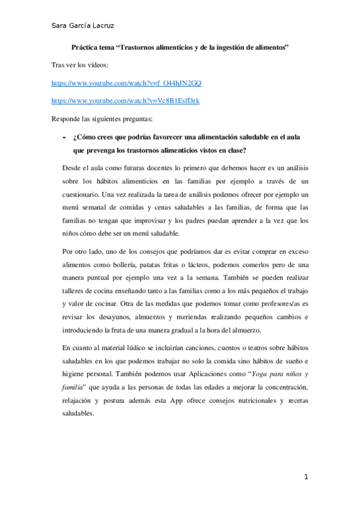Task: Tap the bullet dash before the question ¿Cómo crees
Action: (64, 138)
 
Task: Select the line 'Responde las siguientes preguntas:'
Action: (98, 118)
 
